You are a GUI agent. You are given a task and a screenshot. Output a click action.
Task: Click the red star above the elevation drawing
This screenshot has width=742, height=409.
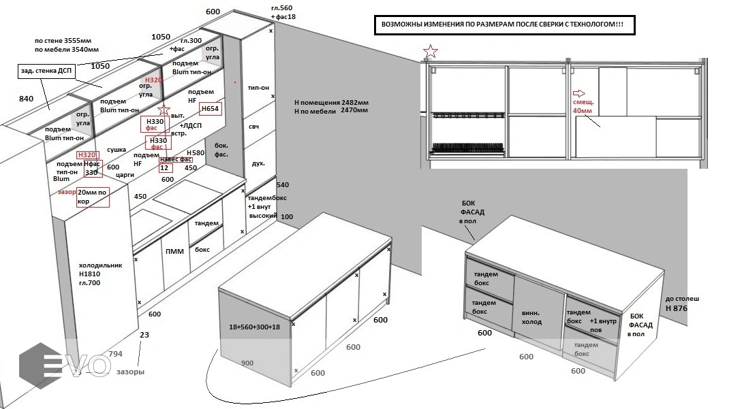[430, 52]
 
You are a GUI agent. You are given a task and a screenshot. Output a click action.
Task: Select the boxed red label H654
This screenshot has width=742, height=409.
[210, 108]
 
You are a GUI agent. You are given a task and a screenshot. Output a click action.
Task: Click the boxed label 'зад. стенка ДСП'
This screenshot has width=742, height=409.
[45, 71]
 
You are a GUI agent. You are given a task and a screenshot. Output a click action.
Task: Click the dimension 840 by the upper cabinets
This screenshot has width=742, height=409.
[27, 99]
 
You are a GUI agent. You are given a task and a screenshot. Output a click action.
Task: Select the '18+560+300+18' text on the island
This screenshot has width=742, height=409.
[255, 327]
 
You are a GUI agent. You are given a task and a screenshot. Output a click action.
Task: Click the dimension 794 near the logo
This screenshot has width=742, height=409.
[114, 354]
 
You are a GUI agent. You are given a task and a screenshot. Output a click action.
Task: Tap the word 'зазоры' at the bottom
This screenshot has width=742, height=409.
[130, 372]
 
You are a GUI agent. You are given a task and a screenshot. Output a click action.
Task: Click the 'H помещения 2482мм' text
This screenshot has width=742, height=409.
[331, 101]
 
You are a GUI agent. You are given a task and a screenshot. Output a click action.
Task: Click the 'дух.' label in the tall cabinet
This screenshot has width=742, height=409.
[258, 163]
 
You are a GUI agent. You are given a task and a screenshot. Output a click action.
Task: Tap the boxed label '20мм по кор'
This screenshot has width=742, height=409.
[93, 197]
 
